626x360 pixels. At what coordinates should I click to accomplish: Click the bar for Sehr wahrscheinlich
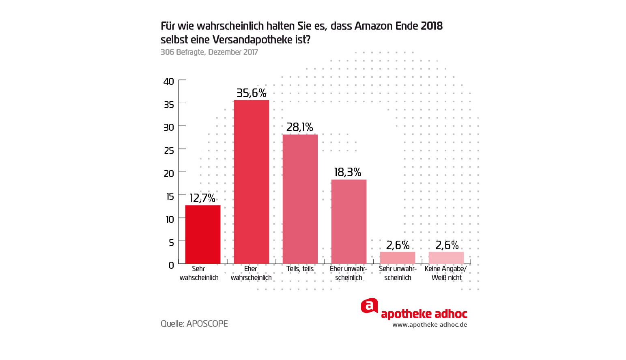tap(203, 235)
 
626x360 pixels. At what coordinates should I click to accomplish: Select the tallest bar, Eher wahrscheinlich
tap(252, 182)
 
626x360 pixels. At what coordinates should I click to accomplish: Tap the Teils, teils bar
tap(300, 199)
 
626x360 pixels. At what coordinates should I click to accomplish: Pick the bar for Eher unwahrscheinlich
tap(349, 222)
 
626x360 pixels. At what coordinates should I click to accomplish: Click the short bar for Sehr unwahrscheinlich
tap(398, 258)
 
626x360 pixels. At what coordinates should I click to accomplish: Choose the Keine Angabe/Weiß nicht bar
tap(446, 258)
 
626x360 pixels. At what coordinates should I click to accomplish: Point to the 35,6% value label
tap(252, 93)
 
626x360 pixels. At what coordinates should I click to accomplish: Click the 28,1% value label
tap(300, 127)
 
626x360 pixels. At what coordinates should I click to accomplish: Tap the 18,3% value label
tap(348, 172)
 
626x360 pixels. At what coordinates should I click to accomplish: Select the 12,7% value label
tap(202, 198)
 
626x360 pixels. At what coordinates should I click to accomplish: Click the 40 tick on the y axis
tap(169, 82)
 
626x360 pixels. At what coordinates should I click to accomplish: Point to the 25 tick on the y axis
tap(169, 151)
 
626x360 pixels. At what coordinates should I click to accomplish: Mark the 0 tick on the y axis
tap(171, 265)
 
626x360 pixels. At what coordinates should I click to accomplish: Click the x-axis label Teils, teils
tap(300, 269)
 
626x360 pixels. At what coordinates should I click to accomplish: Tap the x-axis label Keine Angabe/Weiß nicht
tap(446, 273)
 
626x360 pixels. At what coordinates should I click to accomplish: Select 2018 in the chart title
tap(431, 26)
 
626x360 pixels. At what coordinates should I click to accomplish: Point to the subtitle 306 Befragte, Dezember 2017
tap(209, 52)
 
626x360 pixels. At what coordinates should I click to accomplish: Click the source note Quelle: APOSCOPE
tap(194, 323)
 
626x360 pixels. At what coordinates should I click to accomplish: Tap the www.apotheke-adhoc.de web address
tap(430, 325)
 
